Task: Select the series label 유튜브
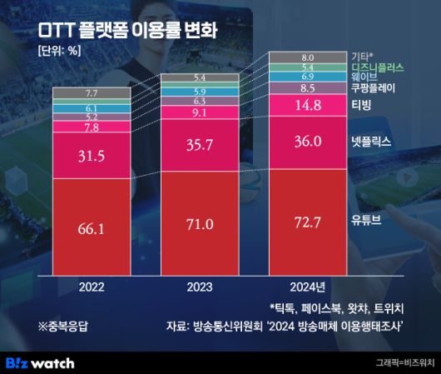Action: coord(365,222)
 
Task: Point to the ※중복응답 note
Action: coord(65,327)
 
